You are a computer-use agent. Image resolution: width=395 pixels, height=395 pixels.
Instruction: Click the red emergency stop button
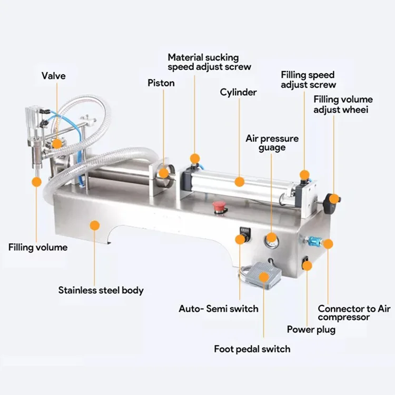coord(216,205)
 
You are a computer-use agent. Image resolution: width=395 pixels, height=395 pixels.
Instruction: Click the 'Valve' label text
coord(54,76)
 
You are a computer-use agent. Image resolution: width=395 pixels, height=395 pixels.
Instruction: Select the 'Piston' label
coord(161,83)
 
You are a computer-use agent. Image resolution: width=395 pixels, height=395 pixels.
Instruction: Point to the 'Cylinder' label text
coord(238,92)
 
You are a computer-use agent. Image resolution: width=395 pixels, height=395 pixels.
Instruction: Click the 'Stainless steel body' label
coord(101,290)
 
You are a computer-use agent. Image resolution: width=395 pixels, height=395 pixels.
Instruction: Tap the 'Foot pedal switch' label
coord(252,349)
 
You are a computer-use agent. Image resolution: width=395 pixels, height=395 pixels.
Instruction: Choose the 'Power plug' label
coord(311,330)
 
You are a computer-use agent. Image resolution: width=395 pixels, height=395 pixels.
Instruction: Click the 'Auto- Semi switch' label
coord(219,309)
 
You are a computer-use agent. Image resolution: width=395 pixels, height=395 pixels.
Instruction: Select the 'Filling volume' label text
coord(38,247)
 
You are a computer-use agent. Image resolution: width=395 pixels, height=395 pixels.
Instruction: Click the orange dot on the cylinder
coord(240,182)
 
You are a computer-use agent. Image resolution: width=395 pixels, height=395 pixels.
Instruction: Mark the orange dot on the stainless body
coord(95,225)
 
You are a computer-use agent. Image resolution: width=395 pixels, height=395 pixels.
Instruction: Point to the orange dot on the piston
coord(164,172)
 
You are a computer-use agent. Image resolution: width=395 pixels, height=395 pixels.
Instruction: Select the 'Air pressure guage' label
coord(272,143)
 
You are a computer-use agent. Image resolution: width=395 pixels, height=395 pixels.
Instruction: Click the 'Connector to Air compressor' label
coord(347,313)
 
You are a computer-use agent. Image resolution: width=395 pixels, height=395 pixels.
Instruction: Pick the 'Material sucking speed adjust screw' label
coord(209,62)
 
